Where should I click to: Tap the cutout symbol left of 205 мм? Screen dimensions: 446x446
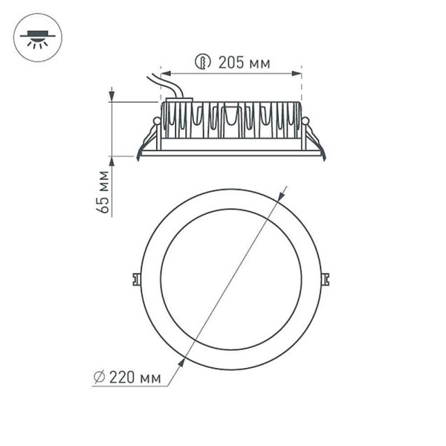click(x=201, y=62)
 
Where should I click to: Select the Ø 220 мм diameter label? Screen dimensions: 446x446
click(x=128, y=378)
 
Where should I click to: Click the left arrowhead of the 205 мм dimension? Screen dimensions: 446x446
click(x=165, y=74)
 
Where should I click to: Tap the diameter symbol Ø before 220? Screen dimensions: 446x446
click(x=100, y=378)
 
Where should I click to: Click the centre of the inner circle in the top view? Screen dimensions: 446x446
click(x=230, y=279)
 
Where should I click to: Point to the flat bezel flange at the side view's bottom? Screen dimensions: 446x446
click(x=230, y=154)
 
